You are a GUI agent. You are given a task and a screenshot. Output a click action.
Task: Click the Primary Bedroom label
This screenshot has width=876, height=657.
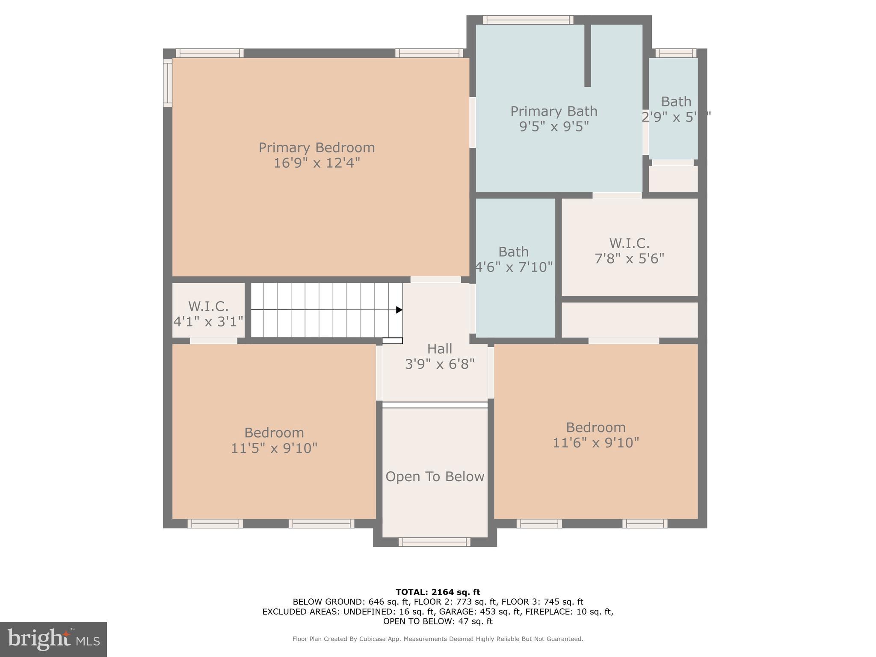tap(317, 148)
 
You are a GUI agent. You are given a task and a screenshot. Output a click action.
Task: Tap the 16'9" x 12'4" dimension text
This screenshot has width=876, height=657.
tap(317, 163)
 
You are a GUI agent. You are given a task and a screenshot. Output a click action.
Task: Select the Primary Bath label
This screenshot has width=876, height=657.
tap(553, 111)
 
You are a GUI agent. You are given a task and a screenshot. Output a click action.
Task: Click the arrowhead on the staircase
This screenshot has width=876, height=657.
tap(399, 310)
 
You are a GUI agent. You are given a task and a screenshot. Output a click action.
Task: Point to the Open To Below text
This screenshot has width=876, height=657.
tap(435, 476)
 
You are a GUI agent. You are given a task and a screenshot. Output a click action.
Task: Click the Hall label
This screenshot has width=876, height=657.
tap(439, 349)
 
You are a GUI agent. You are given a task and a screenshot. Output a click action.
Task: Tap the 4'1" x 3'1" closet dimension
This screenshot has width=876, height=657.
tap(208, 321)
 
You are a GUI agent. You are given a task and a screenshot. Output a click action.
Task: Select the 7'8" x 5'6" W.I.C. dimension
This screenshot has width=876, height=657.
tap(629, 259)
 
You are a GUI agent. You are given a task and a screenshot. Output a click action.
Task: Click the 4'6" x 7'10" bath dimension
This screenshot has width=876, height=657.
tap(514, 267)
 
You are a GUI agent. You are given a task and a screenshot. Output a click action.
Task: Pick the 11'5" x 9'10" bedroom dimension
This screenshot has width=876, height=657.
tap(274, 448)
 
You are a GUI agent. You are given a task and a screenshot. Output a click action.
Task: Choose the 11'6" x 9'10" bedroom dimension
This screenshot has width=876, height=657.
tap(595, 442)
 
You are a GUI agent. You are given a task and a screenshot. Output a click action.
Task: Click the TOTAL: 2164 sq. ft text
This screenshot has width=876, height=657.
tap(438, 592)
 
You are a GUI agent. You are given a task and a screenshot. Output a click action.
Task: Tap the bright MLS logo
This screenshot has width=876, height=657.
tap(53, 639)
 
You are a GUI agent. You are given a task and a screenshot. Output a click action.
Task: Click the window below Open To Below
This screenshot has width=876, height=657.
tap(434, 542)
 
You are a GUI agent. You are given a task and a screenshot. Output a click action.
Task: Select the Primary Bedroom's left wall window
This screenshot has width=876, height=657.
tap(168, 83)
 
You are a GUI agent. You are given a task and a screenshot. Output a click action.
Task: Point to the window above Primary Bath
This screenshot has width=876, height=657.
tap(528, 20)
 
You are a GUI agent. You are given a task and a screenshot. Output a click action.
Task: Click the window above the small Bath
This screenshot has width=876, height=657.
tap(676, 53)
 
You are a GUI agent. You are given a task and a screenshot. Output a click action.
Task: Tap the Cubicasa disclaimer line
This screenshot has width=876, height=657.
tap(438, 639)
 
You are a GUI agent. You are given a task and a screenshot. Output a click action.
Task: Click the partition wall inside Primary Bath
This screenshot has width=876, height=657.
tap(587, 56)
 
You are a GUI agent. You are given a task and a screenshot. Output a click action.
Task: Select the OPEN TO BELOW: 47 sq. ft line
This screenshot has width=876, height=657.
tap(438, 621)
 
